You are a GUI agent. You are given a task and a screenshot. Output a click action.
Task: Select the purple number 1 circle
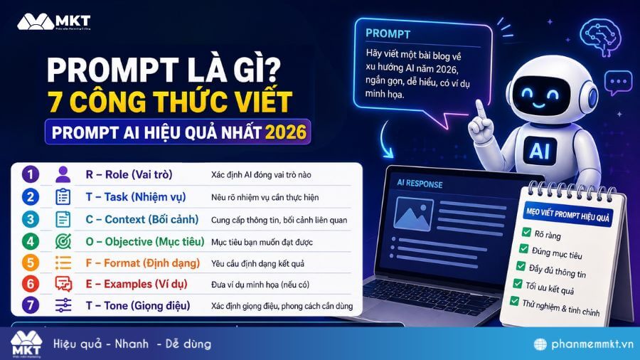click(x=29, y=174)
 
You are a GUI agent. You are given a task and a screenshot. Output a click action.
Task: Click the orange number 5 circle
click(x=29, y=263)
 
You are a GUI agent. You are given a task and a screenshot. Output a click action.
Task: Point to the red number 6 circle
click(x=29, y=284)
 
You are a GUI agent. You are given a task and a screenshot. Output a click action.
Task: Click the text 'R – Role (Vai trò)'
click(x=129, y=174)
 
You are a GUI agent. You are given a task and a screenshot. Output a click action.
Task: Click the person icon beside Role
click(x=63, y=174)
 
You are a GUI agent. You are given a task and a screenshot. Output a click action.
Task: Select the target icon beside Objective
click(x=63, y=241)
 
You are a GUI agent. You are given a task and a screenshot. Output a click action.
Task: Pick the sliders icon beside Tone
click(x=63, y=306)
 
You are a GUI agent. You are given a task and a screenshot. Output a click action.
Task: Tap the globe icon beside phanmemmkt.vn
click(x=541, y=344)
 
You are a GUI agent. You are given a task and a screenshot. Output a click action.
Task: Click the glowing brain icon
click(x=595, y=33)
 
